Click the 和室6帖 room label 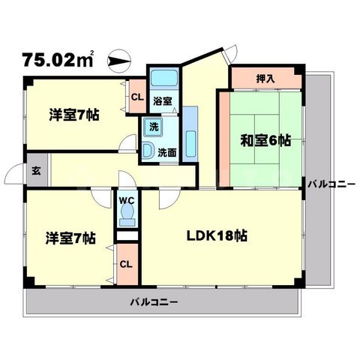266,140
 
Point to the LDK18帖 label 217,235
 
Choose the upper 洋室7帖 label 73,115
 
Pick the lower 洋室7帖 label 68,238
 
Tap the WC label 126,200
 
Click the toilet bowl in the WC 127,216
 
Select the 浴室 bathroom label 163,99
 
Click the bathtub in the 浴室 162,79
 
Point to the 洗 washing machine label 154,126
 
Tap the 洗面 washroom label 166,152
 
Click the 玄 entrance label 36,170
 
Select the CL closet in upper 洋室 138,96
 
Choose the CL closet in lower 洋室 127,263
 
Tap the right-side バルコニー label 330,182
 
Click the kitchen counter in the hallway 190,133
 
